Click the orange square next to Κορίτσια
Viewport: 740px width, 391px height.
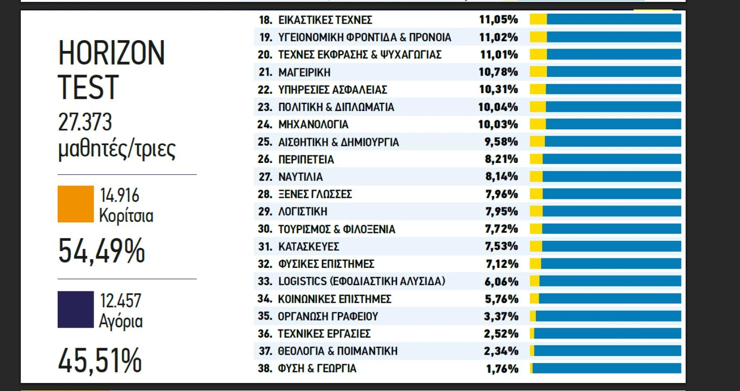point(76,204)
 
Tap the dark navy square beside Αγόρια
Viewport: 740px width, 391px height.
point(76,309)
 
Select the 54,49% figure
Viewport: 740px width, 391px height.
point(101,251)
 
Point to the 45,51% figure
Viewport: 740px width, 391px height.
point(100,360)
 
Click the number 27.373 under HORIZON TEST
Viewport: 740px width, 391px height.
point(85,122)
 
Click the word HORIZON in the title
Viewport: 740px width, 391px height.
point(111,53)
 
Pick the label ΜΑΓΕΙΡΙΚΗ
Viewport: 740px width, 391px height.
point(304,72)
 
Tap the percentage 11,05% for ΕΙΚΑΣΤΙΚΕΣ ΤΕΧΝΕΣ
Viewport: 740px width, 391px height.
point(498,20)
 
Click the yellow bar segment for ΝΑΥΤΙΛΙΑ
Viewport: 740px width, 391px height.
point(536,177)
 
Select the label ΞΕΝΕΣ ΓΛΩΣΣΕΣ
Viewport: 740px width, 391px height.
point(315,194)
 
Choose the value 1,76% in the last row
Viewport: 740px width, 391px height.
point(502,368)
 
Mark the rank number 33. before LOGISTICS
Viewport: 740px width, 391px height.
point(265,281)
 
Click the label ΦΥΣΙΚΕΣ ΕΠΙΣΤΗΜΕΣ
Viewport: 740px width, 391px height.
point(326,264)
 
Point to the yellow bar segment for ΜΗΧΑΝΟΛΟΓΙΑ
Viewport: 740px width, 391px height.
point(538,124)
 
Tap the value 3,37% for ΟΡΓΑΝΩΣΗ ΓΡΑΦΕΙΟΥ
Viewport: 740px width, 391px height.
point(501,316)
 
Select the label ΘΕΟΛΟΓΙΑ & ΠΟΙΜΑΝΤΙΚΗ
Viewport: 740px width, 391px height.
point(338,351)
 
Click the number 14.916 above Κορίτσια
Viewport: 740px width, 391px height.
point(120,195)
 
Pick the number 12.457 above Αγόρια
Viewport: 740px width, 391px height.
point(121,301)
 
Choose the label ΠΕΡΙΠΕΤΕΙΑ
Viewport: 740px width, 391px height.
point(306,159)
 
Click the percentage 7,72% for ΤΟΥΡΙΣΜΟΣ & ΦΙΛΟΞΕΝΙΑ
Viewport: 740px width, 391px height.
point(502,229)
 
